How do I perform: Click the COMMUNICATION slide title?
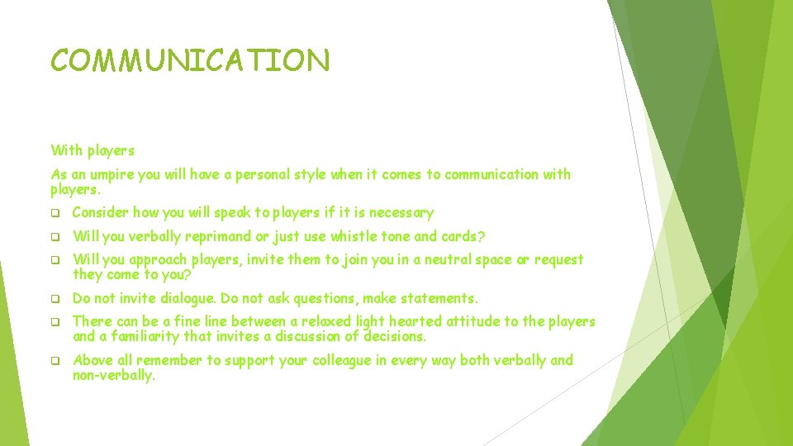(x=190, y=60)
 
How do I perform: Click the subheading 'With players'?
(x=92, y=150)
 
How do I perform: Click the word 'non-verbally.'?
(x=114, y=375)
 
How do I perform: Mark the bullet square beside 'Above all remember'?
(x=55, y=361)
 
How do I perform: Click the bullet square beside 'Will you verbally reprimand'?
(x=55, y=237)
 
